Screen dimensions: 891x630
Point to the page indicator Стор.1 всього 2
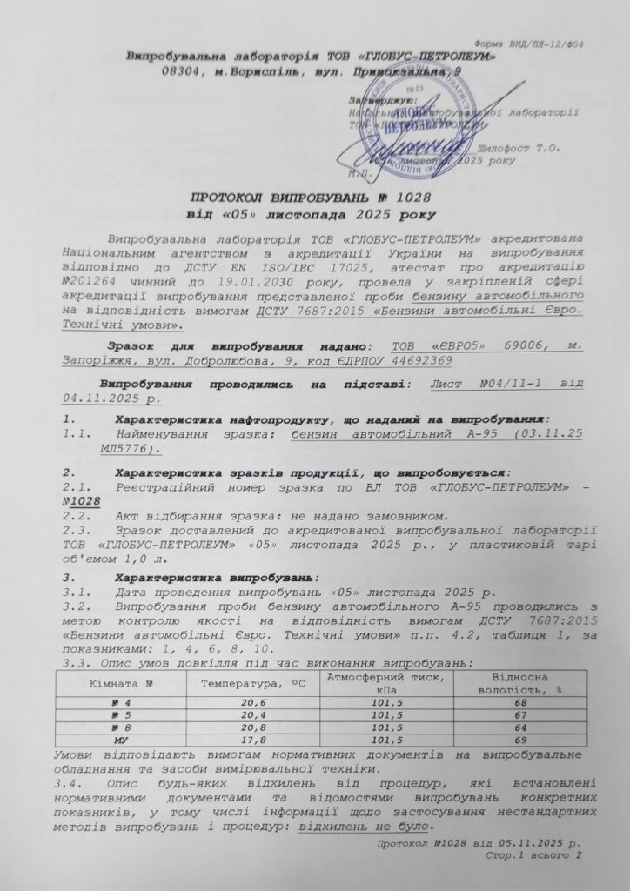pyautogui.click(x=533, y=858)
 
